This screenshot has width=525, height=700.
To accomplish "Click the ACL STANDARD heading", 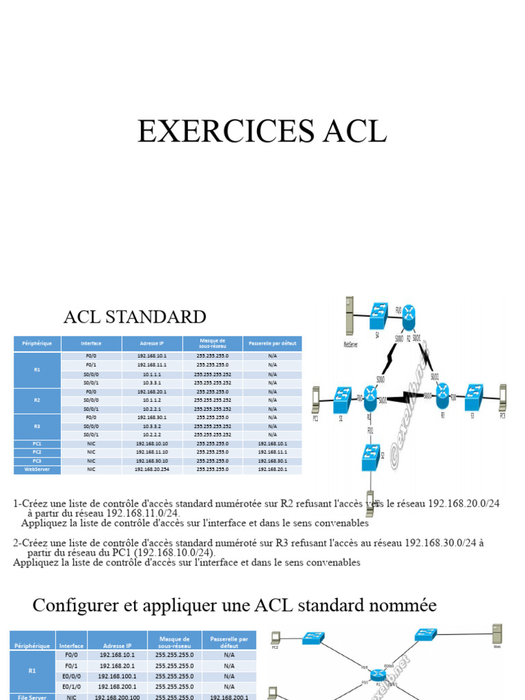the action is [x=135, y=317].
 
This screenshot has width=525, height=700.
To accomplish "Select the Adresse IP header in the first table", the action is [x=151, y=343].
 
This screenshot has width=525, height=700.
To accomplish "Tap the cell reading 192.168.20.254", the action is [x=151, y=470].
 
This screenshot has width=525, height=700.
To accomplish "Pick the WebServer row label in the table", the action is [x=37, y=470].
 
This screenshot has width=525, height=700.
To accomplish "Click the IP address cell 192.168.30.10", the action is [x=151, y=461].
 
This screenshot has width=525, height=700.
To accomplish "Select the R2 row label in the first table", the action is [x=37, y=400].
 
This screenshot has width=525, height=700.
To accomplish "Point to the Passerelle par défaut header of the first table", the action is [x=272, y=343].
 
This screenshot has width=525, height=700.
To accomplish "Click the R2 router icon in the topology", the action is [x=409, y=316].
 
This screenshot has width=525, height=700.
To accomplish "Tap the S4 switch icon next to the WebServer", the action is [x=378, y=314].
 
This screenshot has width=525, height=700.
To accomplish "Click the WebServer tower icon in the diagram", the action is [x=350, y=316].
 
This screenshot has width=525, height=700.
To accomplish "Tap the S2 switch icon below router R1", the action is [x=371, y=456].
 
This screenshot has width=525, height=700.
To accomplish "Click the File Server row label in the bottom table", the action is [x=32, y=697].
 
